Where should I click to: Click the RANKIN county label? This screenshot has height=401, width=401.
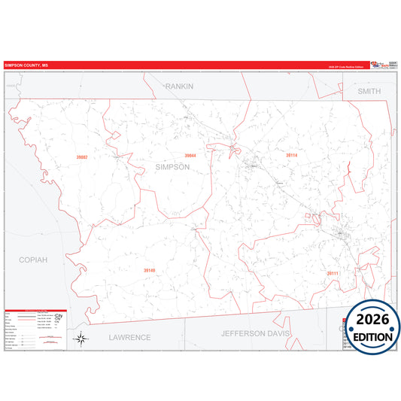click(180, 86)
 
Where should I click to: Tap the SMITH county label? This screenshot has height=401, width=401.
click(369, 91)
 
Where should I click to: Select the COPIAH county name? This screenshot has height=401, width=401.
click(33, 260)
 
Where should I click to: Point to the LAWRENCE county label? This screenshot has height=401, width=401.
click(129, 337)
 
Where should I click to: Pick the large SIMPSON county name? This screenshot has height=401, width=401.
click(172, 167)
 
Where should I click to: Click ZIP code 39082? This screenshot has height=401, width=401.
click(82, 157)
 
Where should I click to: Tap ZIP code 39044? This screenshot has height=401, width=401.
click(190, 156)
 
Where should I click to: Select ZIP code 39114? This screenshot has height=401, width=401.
click(291, 155)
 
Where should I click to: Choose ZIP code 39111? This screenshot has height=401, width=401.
click(333, 273)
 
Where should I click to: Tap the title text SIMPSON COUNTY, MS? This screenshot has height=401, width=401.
click(26, 65)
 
